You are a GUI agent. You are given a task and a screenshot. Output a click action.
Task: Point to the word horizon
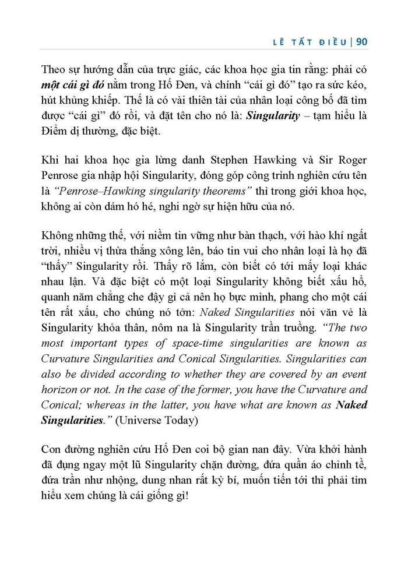[64, 390]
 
